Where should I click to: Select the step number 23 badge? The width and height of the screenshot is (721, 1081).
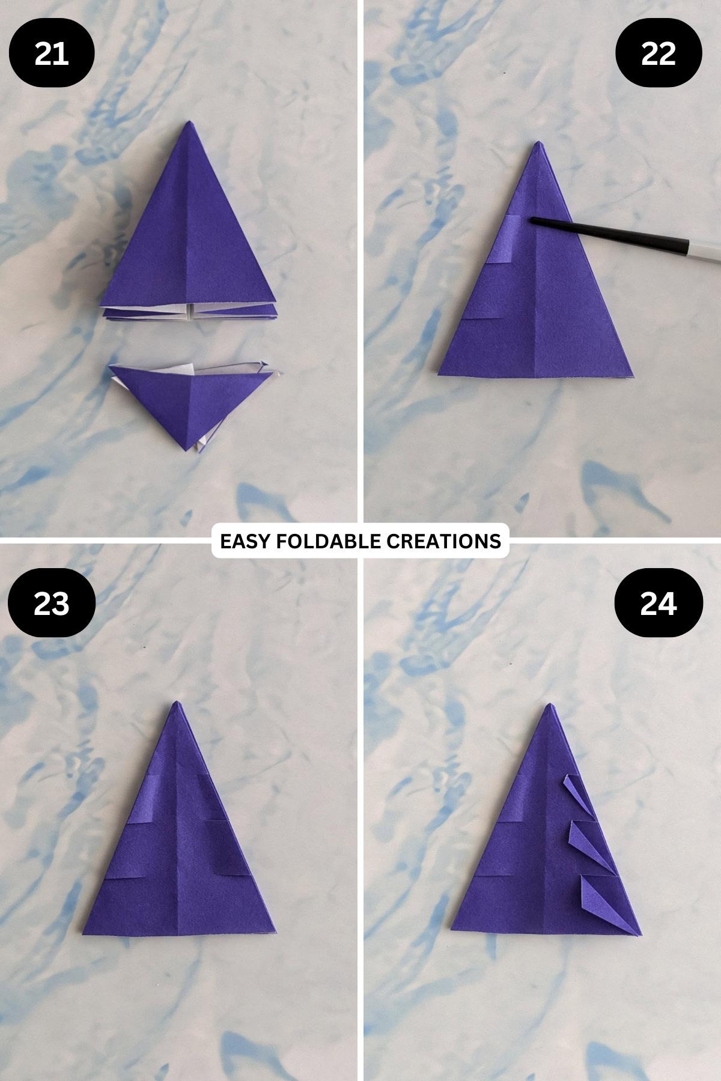(52, 604)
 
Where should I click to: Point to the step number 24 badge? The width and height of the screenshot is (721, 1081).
(659, 604)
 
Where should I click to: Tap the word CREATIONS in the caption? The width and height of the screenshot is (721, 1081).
(443, 541)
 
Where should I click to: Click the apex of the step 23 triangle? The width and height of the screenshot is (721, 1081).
(176, 703)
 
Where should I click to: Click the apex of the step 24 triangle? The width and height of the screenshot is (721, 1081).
(549, 705)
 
